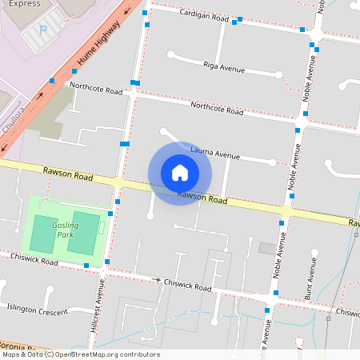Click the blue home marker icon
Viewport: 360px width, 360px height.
[x=180, y=173]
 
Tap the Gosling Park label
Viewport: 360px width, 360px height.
[x=66, y=230]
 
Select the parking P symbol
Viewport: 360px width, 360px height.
[x=44, y=30]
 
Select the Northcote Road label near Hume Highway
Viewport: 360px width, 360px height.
[x=96, y=88]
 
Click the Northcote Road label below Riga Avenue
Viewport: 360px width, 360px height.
[x=216, y=108]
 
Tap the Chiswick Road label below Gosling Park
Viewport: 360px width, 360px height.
[x=34, y=260]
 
